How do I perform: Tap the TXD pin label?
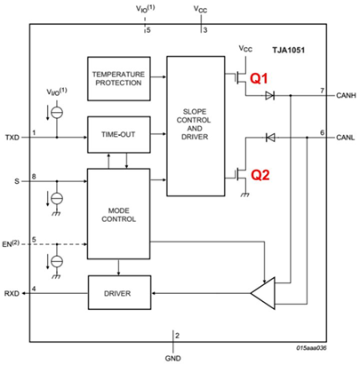[12, 138]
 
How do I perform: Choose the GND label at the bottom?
[173, 352]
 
